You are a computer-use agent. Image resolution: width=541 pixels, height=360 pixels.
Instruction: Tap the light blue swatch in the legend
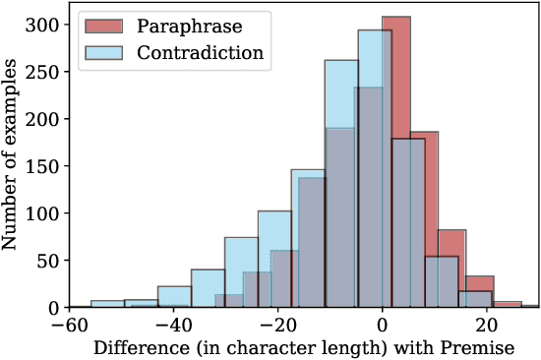click(103, 52)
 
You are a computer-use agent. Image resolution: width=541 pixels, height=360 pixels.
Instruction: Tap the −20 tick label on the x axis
click(278, 324)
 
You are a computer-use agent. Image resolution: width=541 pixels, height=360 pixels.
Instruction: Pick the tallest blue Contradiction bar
click(374, 167)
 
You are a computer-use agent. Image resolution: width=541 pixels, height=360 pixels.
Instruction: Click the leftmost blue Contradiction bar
click(106, 304)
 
